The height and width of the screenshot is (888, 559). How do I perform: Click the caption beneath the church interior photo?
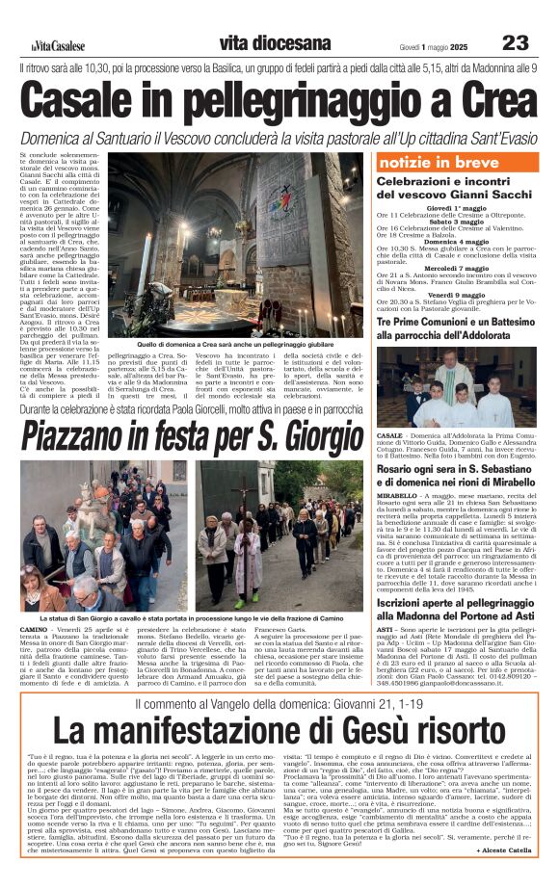(222, 343)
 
